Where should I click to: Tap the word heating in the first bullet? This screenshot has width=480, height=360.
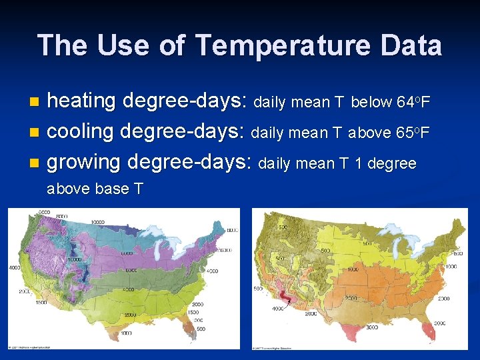(81, 101)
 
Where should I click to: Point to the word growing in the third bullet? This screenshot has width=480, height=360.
(84, 162)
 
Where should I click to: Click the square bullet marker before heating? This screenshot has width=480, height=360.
(36, 103)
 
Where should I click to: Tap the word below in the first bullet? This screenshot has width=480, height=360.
(371, 102)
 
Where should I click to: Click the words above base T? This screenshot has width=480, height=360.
(95, 189)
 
